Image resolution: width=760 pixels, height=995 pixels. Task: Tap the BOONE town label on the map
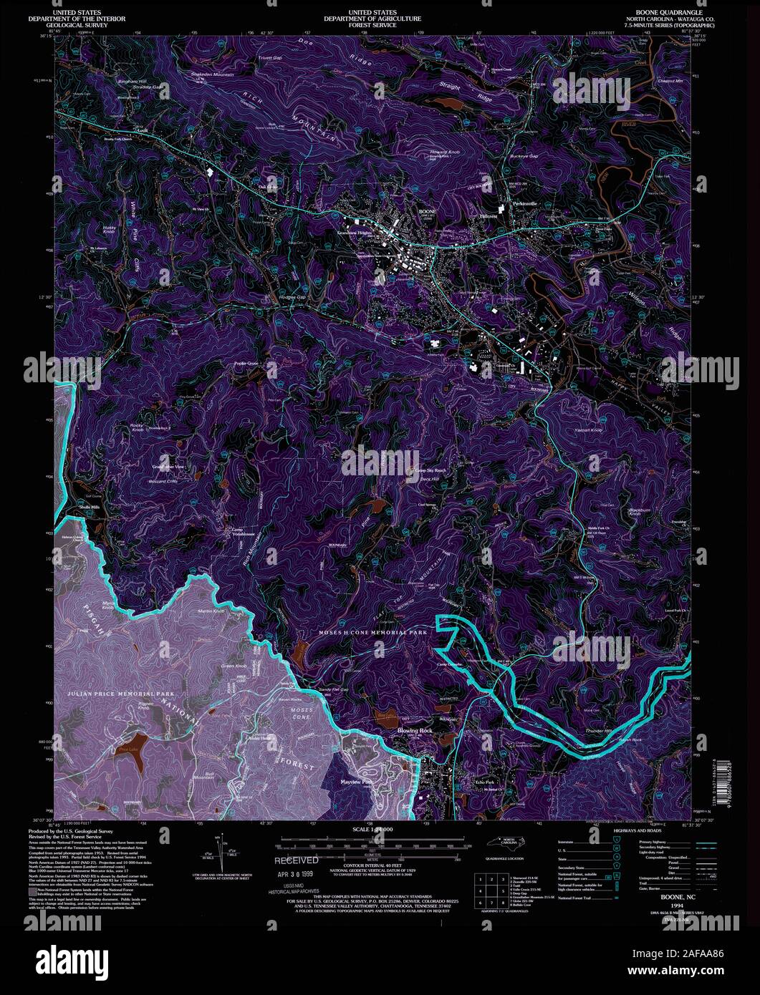(x=427, y=213)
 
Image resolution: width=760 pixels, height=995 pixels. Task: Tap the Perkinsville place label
(x=525, y=204)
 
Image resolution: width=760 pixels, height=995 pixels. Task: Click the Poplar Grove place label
(x=246, y=363)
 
